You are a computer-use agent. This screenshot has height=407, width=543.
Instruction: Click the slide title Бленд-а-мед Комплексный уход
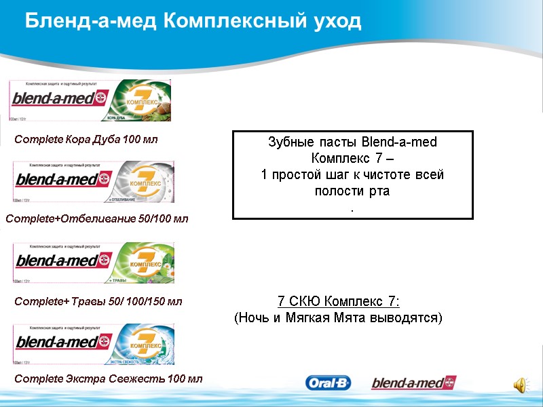click(193, 21)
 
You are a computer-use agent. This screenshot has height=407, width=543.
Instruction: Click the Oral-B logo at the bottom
click(329, 383)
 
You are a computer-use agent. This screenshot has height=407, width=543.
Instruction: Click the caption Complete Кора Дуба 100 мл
click(86, 140)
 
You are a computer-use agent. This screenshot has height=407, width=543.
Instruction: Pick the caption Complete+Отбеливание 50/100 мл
click(97, 219)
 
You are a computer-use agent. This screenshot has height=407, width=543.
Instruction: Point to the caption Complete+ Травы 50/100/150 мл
click(98, 301)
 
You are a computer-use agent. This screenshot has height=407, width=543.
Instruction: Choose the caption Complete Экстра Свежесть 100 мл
click(109, 378)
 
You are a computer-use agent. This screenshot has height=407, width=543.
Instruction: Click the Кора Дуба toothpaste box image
click(90, 100)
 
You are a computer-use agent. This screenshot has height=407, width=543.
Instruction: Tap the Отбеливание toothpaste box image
click(94, 181)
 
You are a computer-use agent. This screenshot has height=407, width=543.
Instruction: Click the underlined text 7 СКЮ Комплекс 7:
click(338, 301)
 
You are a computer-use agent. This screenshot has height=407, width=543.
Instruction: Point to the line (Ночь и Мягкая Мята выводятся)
click(338, 317)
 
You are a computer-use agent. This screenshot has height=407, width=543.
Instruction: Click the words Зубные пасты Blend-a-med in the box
click(352, 142)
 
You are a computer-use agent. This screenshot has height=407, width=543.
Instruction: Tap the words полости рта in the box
click(352, 191)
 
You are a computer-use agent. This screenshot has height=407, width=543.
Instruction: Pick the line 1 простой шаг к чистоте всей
click(352, 174)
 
